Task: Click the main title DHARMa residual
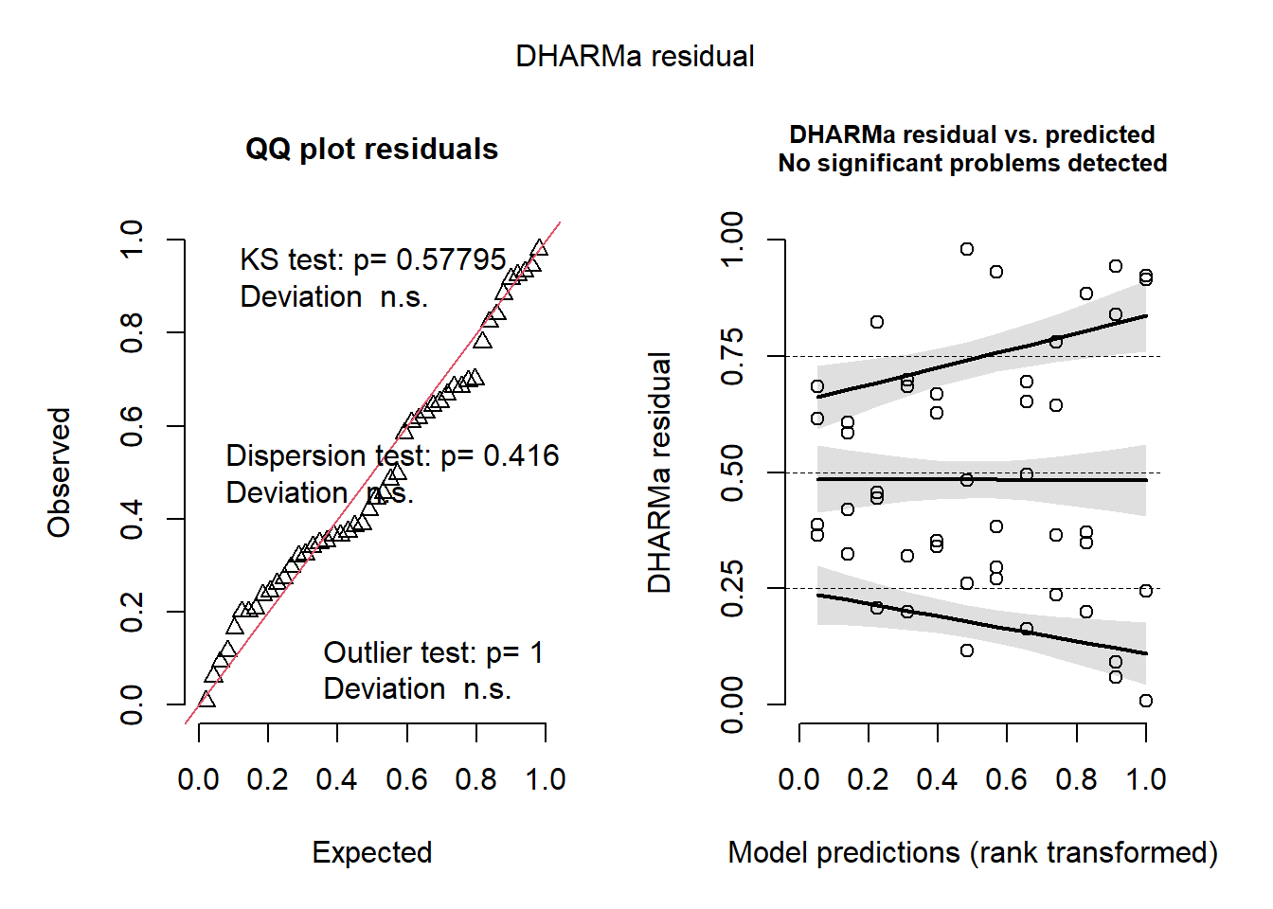tap(635, 57)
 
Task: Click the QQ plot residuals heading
tap(371, 150)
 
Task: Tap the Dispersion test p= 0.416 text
tap(392, 456)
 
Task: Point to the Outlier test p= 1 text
tap(433, 653)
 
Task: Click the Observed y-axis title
tap(60, 472)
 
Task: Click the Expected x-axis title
tap(372, 853)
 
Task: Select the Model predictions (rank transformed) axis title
tap(972, 853)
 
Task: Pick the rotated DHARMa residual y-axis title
tap(660, 472)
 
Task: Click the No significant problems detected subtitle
tap(972, 164)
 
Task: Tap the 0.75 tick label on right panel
tap(732, 357)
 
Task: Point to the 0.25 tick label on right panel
tap(732, 589)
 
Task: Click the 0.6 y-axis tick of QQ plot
tap(132, 426)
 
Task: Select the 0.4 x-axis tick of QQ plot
tap(337, 780)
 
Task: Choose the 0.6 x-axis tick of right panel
tap(1006, 780)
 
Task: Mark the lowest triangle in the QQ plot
tap(206, 700)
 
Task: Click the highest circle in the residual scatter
tap(967, 249)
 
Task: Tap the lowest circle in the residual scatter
tap(1146, 701)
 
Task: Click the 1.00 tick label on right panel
tap(732, 241)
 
